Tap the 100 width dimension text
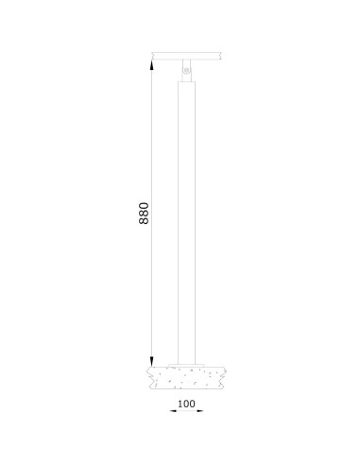tap(185, 404)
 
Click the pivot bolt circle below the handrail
tap(186, 71)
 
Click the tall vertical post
tap(186, 217)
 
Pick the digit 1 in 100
tap(178, 404)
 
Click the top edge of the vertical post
tap(186, 83)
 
